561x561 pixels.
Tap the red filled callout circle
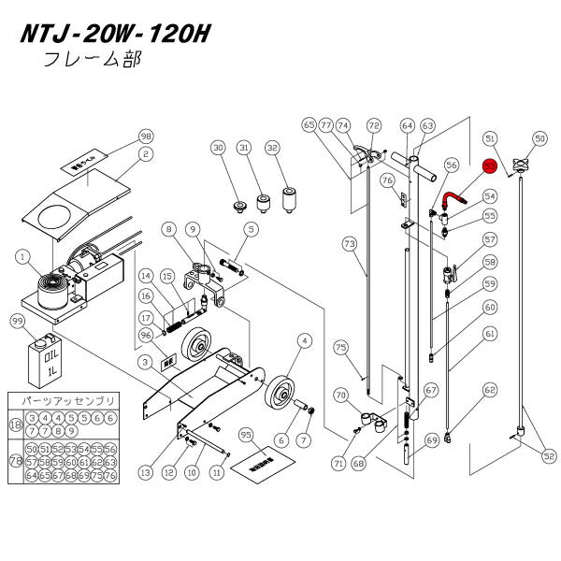point(488,165)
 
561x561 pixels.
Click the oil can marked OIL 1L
point(42,355)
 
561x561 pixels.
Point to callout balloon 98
point(145,136)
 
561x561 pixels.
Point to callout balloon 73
point(349,244)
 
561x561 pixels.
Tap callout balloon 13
point(145,473)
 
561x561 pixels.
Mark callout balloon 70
point(341,395)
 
